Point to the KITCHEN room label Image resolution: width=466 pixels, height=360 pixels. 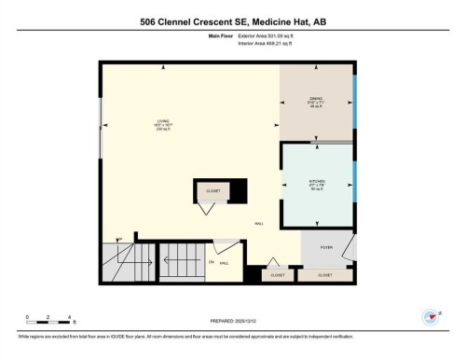point(317,185)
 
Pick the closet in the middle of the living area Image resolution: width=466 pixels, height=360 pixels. point(212,191)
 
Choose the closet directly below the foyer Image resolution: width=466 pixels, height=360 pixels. point(324,275)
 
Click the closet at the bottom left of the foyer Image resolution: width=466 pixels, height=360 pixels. point(277,275)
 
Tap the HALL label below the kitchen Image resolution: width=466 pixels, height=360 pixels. point(258,224)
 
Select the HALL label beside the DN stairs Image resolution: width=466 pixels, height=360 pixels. point(225,264)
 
